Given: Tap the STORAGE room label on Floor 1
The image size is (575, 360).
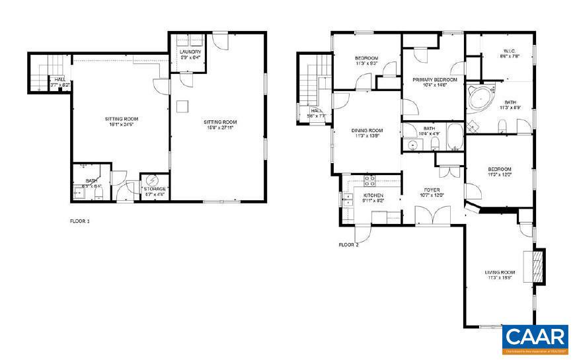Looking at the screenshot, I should (156, 189).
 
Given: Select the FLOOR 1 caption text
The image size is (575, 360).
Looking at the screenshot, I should (79, 221).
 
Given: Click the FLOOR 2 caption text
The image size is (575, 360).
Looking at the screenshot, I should (348, 245).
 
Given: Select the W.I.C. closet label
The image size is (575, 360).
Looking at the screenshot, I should (492, 52).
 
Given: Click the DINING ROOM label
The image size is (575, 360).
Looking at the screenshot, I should (367, 130).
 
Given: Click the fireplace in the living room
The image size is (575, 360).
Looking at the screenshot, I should (539, 266).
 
